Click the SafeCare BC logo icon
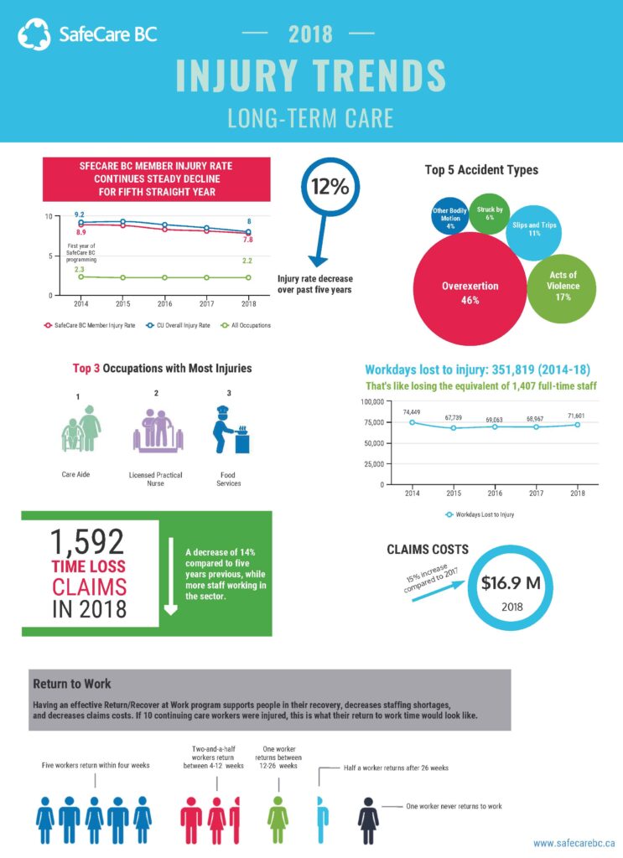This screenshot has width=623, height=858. click(x=34, y=34)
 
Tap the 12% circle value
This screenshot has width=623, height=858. click(x=330, y=187)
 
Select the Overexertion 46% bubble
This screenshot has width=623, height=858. click(x=470, y=288)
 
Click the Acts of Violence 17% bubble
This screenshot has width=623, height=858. click(x=562, y=288)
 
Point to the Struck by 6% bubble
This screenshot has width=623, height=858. click(x=490, y=214)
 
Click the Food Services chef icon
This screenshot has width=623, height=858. click(x=231, y=430)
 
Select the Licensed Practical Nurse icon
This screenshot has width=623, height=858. click(x=158, y=431)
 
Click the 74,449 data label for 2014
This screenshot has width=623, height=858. click(x=412, y=412)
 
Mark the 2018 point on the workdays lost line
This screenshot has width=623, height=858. click(x=578, y=425)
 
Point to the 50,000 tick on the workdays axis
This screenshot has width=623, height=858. click(x=373, y=443)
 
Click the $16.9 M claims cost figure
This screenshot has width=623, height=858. click(x=511, y=583)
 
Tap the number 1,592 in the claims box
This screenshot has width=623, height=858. click(x=87, y=542)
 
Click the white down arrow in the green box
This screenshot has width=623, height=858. click(x=171, y=576)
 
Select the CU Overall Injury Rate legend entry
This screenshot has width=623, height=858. click(x=178, y=326)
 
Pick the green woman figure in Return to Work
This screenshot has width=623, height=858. click(x=278, y=819)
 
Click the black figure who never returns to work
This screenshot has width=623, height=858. click(x=368, y=820)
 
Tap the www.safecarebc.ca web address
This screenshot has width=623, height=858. click(x=574, y=843)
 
